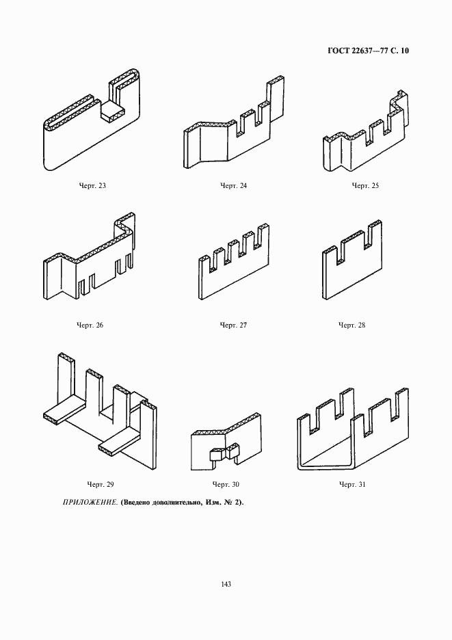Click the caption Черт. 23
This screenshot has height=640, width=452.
coord(92,186)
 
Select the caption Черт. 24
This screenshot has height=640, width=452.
coord(234,186)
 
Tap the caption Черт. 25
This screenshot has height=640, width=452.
coord(365,186)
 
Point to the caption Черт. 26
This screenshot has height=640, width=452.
coord(90,325)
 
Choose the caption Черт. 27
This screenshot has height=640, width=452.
coord(234,325)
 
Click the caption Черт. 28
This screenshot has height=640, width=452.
coord(352,325)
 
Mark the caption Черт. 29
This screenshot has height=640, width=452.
coord(101,485)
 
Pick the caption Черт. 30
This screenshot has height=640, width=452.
coord(226,485)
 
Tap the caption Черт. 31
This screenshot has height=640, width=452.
coord(352,485)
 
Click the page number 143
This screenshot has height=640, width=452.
coord(226,584)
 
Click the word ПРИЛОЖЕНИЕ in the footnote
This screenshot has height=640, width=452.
coord(90,503)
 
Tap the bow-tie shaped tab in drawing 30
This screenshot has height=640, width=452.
coord(224,453)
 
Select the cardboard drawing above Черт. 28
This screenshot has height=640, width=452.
coord(353,260)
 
